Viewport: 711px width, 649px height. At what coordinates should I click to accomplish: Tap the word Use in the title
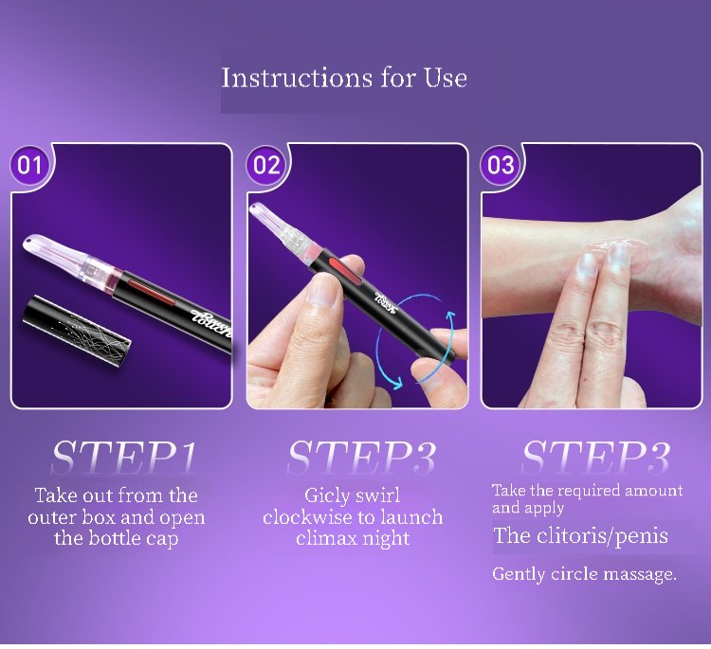446,78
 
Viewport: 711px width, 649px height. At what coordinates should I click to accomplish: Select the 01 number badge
30,166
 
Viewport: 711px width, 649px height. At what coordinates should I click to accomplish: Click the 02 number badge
266,166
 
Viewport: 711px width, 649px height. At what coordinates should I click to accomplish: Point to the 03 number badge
501,166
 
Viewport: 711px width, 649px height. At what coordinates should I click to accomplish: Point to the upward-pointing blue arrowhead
449,315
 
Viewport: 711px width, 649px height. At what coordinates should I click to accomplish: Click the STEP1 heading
124,457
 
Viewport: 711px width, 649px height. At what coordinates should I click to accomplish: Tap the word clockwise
309,516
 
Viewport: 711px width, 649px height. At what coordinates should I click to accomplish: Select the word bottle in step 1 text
115,538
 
